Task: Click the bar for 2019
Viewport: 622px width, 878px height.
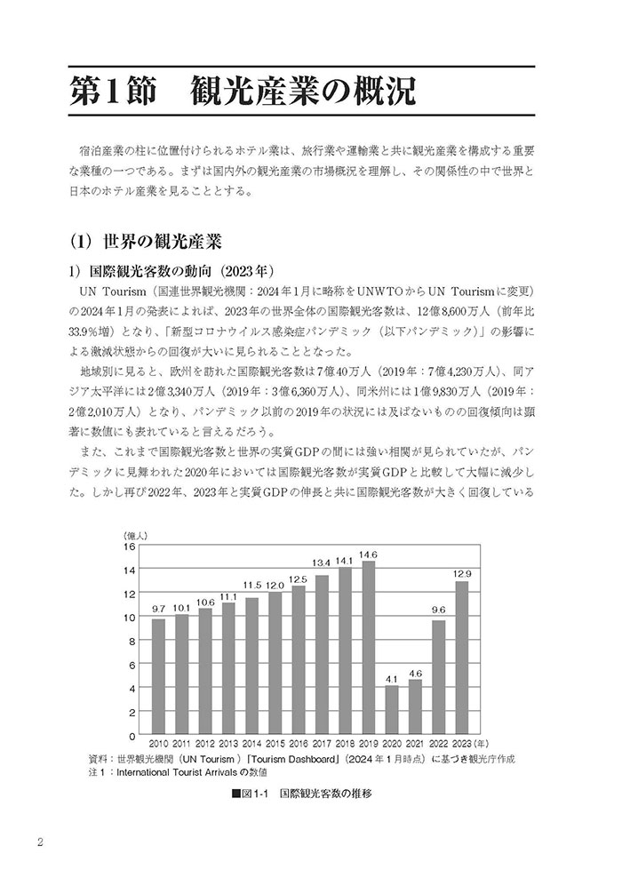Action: coord(369,648)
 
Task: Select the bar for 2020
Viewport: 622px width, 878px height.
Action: coord(392,711)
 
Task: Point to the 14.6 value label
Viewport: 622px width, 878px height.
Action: coord(369,555)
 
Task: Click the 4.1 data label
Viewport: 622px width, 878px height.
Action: coord(392,680)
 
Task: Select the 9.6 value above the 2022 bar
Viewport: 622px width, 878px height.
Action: coord(438,611)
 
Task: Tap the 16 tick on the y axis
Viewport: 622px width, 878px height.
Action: coord(129,546)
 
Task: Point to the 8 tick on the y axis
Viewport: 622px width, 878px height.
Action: coord(131,641)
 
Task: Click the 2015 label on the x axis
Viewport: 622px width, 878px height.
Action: coord(275,743)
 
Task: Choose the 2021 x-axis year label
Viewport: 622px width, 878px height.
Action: coord(415,743)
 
